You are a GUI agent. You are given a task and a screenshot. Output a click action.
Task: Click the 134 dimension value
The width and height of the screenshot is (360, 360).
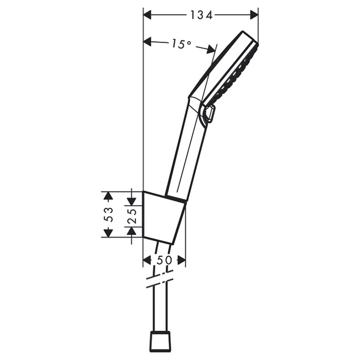[202, 15]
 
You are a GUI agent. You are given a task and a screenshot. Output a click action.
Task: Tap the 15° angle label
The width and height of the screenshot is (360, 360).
[181, 44]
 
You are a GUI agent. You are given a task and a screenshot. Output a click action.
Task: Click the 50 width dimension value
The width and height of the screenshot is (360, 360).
[165, 260]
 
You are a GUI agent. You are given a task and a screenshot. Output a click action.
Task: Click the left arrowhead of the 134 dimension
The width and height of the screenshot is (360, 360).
[148, 15]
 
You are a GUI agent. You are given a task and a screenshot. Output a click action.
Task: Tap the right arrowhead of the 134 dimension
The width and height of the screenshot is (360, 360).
[254, 15]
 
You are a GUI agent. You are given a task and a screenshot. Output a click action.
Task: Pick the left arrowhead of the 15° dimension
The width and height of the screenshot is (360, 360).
[148, 42]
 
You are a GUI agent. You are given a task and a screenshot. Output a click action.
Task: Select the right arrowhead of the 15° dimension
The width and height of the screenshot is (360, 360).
[210, 49]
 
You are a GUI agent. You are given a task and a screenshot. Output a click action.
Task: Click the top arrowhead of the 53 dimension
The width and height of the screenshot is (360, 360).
[108, 196]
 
